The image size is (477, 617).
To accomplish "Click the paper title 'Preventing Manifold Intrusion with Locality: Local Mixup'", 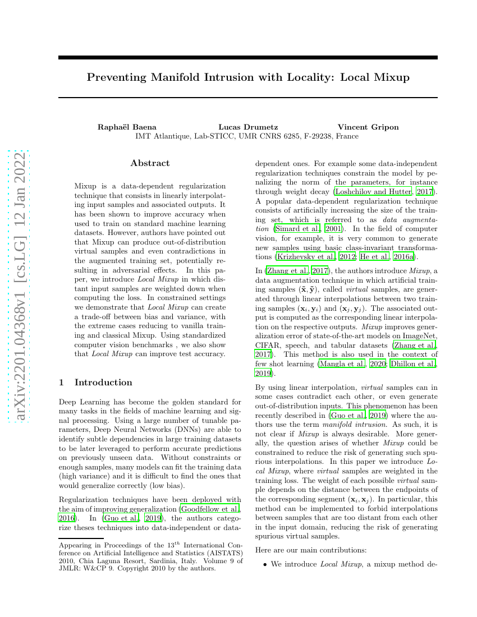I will (x=248, y=77).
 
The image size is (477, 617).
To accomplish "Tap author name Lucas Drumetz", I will (x=248, y=127).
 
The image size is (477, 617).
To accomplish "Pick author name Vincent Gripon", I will (x=368, y=127).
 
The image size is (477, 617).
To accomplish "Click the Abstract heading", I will (x=150, y=163).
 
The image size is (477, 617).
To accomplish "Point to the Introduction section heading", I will (x=103, y=383).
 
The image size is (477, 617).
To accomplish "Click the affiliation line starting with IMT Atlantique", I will (x=247, y=136).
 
